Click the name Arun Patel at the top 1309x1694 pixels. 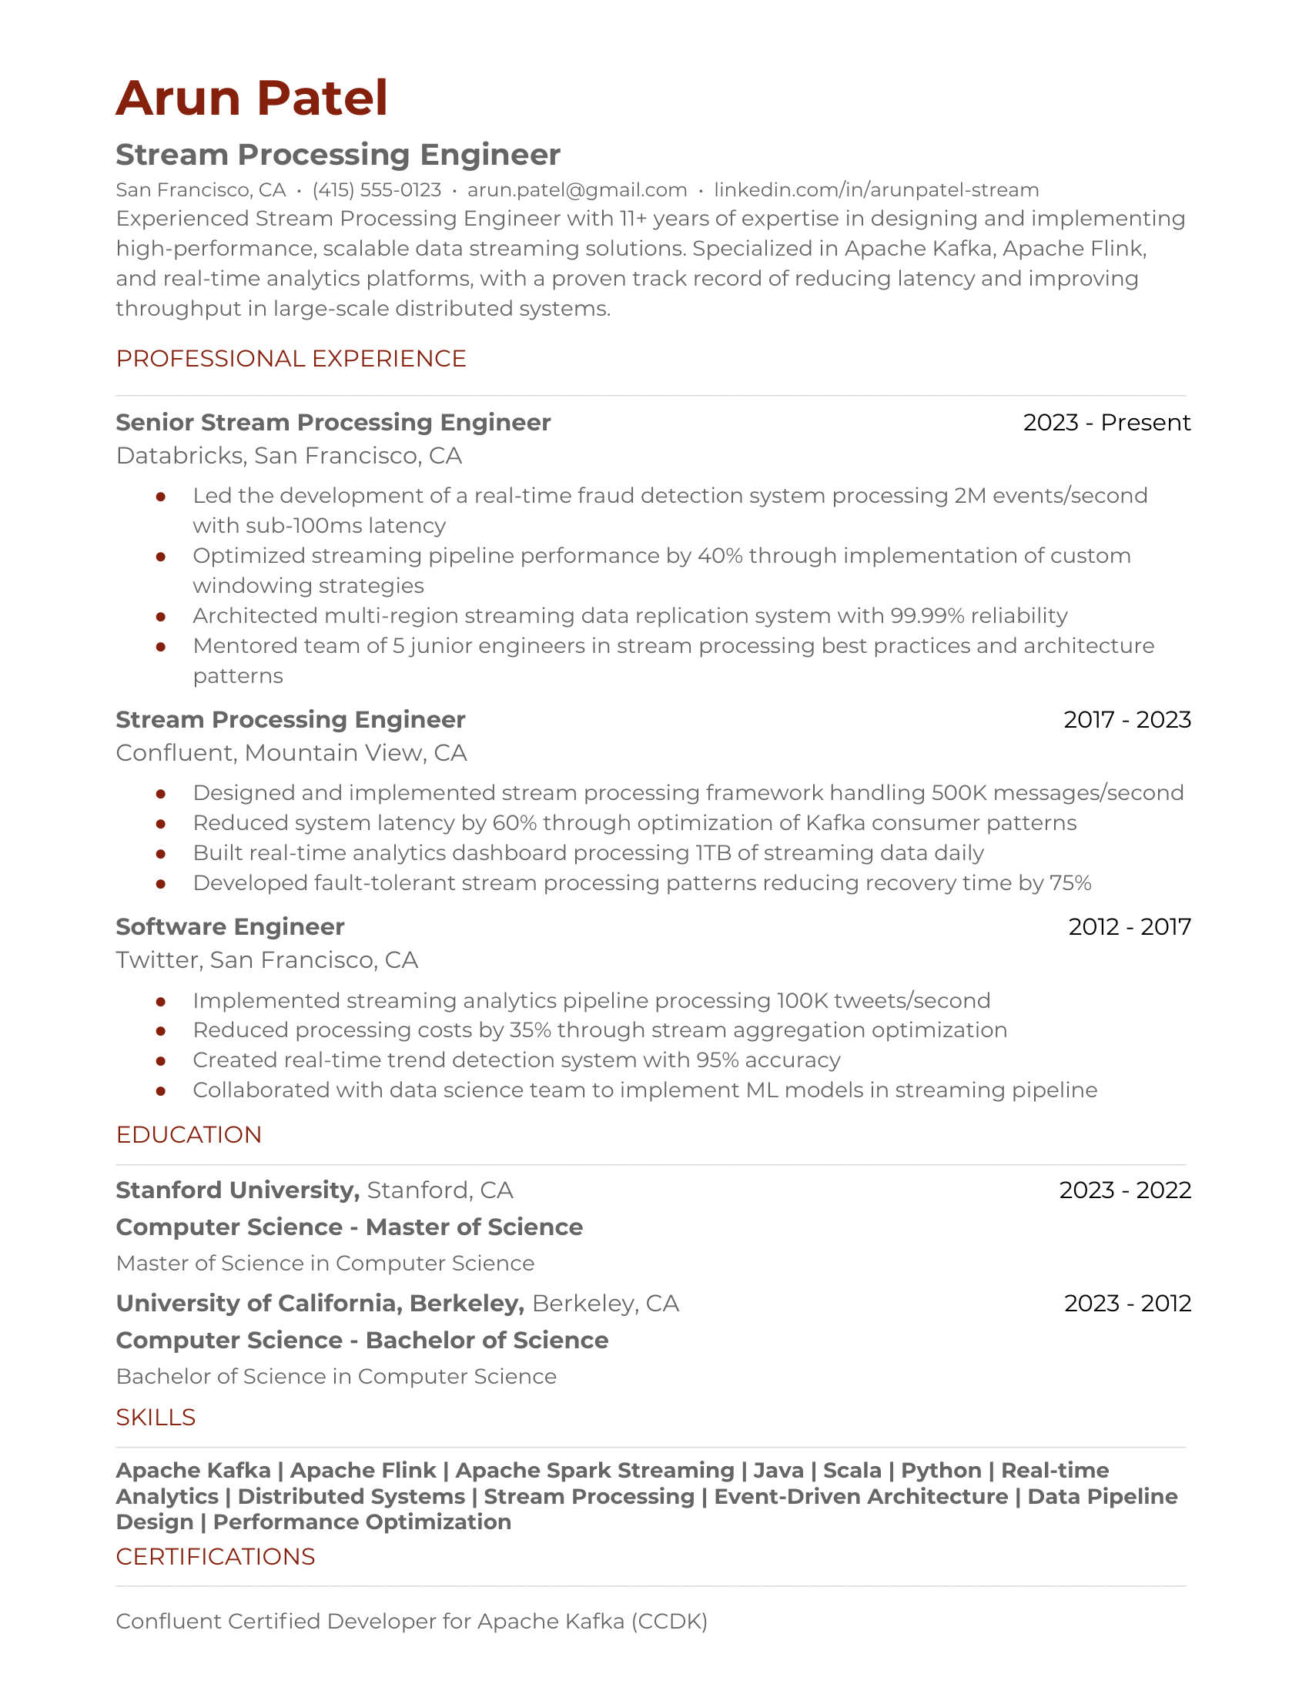(x=251, y=99)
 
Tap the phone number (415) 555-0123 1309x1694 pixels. (x=376, y=190)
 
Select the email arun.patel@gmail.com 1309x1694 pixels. (x=577, y=190)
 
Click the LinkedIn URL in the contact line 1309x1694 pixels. (x=875, y=190)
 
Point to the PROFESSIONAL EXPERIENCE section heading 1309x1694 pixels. (x=291, y=358)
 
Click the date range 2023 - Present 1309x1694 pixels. (x=1106, y=423)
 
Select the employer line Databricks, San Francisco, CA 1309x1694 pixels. (x=289, y=455)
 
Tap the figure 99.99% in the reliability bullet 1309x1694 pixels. (x=926, y=616)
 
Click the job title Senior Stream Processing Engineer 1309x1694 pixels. (x=333, y=423)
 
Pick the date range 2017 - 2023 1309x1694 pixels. (x=1126, y=720)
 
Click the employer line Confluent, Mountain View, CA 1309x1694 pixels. (x=291, y=753)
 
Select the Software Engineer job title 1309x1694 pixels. (x=229, y=927)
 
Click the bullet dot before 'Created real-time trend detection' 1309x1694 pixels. (x=160, y=1061)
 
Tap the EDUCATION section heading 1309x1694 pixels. (x=189, y=1135)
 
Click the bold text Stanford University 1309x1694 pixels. (x=236, y=1190)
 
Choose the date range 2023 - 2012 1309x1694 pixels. (x=1127, y=1303)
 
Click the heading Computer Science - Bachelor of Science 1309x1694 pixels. (x=361, y=1341)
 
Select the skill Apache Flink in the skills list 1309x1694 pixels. (x=363, y=1471)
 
